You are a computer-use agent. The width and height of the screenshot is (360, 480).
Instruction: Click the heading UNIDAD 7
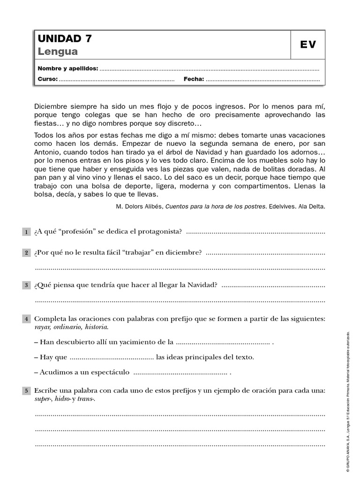[x=65, y=38]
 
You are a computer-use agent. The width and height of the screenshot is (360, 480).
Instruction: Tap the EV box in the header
[x=307, y=45]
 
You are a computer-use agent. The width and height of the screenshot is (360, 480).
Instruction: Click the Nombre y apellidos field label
[x=67, y=68]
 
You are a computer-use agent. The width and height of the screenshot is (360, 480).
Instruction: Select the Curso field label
[x=47, y=79]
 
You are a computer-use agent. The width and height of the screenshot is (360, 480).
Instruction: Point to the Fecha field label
[x=194, y=79]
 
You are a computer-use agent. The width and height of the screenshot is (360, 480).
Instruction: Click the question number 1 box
[x=26, y=232]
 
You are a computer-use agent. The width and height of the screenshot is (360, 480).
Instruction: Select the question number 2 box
[x=26, y=253]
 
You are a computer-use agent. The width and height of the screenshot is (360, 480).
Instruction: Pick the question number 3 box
[x=26, y=285]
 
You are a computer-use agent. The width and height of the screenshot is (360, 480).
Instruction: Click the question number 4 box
[x=26, y=319]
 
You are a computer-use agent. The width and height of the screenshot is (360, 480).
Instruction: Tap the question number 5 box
[x=26, y=391]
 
